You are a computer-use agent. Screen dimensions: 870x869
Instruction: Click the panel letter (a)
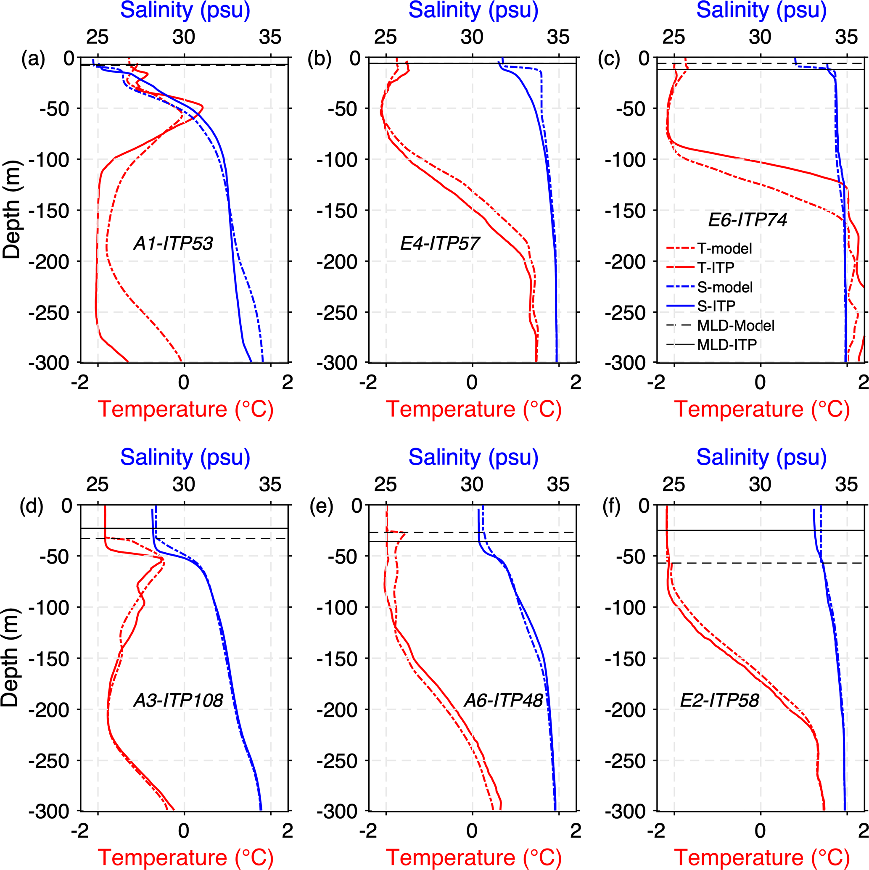pyautogui.click(x=33, y=59)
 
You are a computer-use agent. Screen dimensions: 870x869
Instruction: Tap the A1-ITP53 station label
pyautogui.click(x=173, y=244)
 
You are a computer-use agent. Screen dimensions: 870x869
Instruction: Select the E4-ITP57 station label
pyautogui.click(x=440, y=244)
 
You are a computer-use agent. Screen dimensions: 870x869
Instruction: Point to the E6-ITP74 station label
pyautogui.click(x=747, y=220)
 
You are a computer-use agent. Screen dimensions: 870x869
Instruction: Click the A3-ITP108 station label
pyautogui.click(x=178, y=700)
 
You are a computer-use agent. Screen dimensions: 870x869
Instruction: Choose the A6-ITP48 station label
pyautogui.click(x=504, y=700)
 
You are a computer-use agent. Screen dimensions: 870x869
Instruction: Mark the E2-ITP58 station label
pyautogui.click(x=719, y=700)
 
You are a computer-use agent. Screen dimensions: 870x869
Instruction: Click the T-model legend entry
pyautogui.click(x=724, y=248)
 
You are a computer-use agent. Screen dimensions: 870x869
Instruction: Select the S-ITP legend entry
pyautogui.click(x=716, y=306)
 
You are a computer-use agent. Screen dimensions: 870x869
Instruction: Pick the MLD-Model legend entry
pyautogui.click(x=736, y=326)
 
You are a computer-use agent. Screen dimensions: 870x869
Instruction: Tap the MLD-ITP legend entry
pyautogui.click(x=726, y=345)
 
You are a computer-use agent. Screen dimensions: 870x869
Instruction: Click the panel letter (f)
pyautogui.click(x=611, y=506)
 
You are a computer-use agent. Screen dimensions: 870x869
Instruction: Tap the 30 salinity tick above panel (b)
pyautogui.click(x=472, y=37)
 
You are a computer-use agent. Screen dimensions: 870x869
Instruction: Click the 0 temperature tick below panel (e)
pyautogui.click(x=472, y=831)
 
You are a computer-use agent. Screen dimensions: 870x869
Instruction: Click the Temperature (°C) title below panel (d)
pyautogui.click(x=185, y=857)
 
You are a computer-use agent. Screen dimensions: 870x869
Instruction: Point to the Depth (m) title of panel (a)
pyautogui.click(x=12, y=209)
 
